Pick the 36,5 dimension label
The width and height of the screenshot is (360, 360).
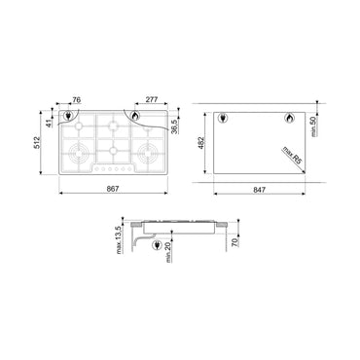click(174, 128)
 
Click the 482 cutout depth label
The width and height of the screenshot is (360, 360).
click(199, 143)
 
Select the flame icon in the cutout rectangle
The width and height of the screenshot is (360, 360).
click(288, 120)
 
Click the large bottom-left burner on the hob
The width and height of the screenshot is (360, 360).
click(72, 152)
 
